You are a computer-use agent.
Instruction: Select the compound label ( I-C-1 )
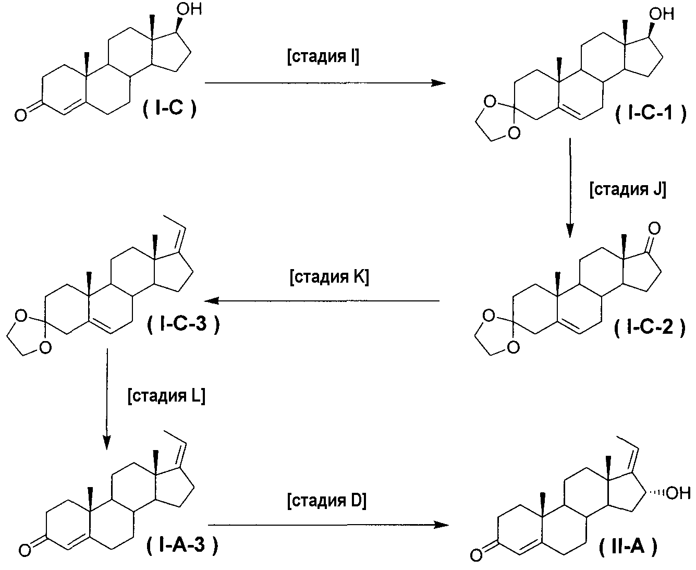tap(651, 114)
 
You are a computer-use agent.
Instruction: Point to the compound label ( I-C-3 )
tap(183, 324)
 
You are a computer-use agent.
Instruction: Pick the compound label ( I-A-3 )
tap(182, 545)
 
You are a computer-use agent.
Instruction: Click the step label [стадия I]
tap(323, 56)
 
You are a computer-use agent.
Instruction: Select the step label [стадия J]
tap(628, 189)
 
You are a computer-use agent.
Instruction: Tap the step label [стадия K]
tap(329, 276)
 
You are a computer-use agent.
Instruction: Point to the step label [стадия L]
tap(167, 395)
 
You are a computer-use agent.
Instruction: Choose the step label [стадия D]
tap(327, 500)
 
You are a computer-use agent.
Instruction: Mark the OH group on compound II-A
tap(678, 493)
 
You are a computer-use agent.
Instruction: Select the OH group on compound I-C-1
tap(662, 14)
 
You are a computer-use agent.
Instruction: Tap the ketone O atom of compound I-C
tap(20, 116)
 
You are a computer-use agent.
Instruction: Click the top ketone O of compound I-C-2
tap(655, 228)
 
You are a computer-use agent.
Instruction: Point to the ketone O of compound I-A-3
tap(25, 550)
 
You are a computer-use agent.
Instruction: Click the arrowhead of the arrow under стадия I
tap(438, 83)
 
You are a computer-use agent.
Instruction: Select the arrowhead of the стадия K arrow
tap(212, 301)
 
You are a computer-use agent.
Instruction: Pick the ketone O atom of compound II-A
tap(476, 555)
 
